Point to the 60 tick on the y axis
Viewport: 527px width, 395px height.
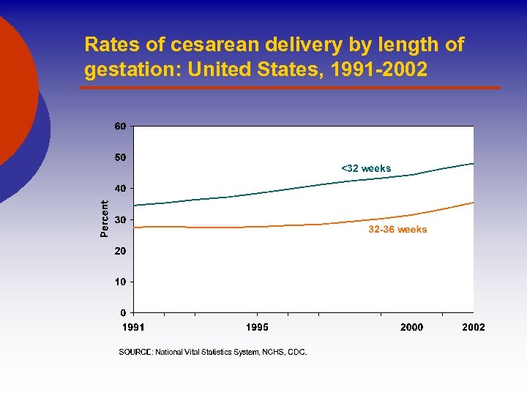(x=120, y=126)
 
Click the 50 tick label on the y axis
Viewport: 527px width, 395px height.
(x=120, y=157)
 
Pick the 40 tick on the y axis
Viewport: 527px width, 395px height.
(x=120, y=188)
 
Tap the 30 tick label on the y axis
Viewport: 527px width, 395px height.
(x=120, y=219)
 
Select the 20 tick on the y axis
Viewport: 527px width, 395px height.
(x=120, y=251)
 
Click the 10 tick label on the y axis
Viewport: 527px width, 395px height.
(x=120, y=282)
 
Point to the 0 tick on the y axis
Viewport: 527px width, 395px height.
(x=123, y=313)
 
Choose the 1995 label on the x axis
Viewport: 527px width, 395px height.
(x=257, y=327)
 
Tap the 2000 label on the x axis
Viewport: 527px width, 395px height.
(x=411, y=327)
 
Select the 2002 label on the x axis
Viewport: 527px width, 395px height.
(x=474, y=327)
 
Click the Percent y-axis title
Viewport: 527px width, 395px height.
(x=104, y=219)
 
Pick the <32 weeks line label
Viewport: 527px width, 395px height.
(x=366, y=169)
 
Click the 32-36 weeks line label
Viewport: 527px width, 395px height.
(x=397, y=230)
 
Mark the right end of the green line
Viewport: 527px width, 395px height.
(x=474, y=163)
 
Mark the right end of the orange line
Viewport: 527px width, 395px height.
(x=474, y=202)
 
